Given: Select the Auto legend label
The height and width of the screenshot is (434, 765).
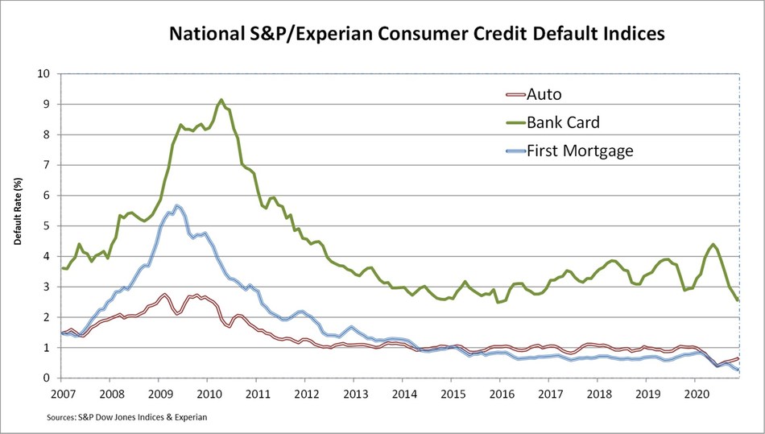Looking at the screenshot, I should tap(544, 94).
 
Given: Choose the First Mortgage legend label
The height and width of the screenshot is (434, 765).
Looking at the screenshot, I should tap(581, 150).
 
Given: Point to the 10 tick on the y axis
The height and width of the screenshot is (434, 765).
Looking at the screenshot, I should tap(45, 74).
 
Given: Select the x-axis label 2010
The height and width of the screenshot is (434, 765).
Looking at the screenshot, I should tap(209, 395).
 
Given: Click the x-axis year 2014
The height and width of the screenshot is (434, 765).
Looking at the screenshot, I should tap(405, 395).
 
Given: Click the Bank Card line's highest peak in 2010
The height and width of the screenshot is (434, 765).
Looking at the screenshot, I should tap(221, 100).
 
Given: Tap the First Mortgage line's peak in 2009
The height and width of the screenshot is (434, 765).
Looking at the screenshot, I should tap(177, 205).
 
